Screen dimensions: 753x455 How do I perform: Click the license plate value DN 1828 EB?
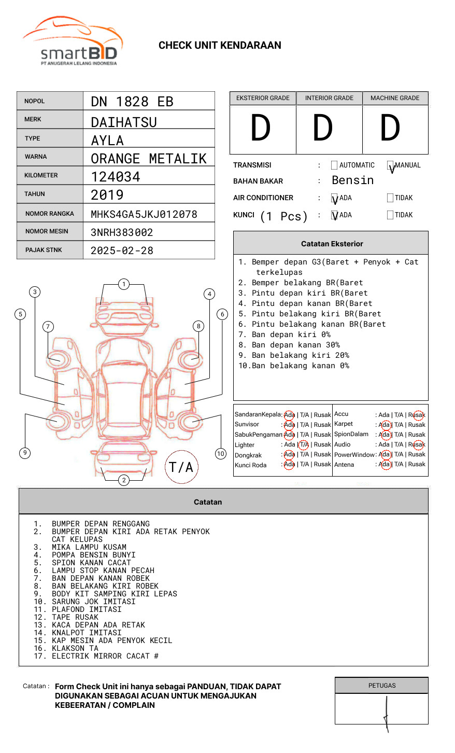pos(132,102)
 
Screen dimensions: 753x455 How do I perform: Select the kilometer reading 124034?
pos(116,177)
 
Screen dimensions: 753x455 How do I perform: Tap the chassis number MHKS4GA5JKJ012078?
pos(144,214)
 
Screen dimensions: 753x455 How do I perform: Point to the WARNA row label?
pos(36,157)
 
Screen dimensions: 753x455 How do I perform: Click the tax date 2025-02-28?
pos(122,250)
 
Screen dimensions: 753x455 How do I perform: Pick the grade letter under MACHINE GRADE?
pos(390,129)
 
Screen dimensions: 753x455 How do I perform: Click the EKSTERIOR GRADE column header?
pos(263,98)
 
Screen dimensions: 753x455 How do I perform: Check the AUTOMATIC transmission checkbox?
pos(334,165)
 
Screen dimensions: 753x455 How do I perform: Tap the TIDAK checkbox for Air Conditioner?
pos(390,198)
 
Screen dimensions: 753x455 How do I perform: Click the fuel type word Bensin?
pos(352,180)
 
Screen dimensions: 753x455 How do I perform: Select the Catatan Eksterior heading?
pos(332,244)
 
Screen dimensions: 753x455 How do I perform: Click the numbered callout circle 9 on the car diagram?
pos(25,453)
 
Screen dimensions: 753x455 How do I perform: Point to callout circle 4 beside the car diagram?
pos(209,294)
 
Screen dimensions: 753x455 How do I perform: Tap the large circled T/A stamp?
pos(181,467)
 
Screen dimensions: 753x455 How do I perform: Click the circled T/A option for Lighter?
pos(304,444)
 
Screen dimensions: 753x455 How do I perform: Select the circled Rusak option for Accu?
pos(417,415)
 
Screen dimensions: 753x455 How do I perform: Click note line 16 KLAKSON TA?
pos(75,648)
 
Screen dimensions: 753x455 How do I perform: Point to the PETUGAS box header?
pos(382,686)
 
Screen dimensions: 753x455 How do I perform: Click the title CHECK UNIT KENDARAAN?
pos(220,46)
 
